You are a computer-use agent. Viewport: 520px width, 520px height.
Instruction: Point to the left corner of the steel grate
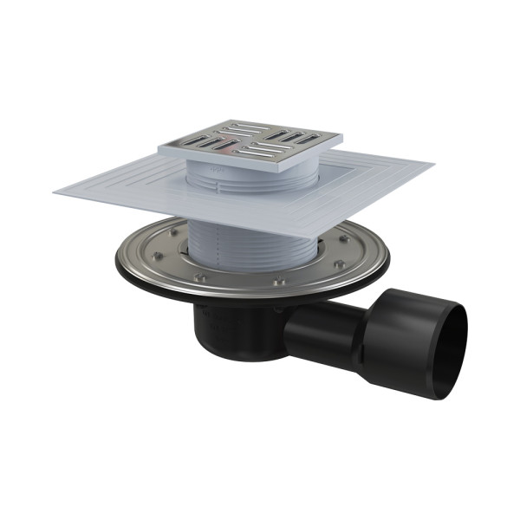click(x=159, y=147)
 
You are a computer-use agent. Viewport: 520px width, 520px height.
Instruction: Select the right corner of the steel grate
click(x=341, y=137)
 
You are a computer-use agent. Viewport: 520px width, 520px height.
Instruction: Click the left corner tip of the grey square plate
click(x=54, y=191)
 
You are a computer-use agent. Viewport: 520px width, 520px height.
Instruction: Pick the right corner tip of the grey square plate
click(x=432, y=162)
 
